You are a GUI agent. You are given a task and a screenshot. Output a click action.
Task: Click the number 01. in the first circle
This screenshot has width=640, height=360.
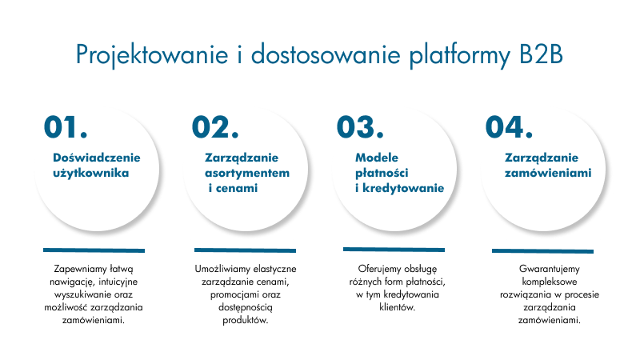[66, 127]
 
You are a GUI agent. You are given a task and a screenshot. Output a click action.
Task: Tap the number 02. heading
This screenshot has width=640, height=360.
[215, 127]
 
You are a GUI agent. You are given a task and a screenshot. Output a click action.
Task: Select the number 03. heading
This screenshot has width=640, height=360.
[361, 127]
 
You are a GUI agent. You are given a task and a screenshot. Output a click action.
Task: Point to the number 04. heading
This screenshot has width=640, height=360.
[509, 127]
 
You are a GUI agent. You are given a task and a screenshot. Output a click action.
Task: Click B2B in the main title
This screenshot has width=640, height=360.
[542, 54]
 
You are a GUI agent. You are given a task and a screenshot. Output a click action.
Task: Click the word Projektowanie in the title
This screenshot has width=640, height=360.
[152, 55]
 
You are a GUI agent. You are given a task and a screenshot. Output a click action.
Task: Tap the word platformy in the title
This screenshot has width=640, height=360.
[460, 55]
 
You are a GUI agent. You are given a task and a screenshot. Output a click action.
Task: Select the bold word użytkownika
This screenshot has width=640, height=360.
[91, 173]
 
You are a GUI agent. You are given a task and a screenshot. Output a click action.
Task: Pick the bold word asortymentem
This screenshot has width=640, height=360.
[247, 173]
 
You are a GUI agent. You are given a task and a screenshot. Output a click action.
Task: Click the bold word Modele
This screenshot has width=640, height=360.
[377, 158]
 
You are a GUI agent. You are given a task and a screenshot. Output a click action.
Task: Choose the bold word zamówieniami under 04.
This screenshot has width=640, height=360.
[548, 173]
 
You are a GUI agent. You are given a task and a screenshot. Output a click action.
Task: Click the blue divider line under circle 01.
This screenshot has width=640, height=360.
[94, 250]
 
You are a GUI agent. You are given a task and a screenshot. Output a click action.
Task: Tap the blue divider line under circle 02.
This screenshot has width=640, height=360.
[245, 250]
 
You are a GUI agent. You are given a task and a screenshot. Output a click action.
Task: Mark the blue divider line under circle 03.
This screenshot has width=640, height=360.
[394, 250]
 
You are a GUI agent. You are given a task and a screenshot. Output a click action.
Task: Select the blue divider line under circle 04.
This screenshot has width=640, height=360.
[542, 251]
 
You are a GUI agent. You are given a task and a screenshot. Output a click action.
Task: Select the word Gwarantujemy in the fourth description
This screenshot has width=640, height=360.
[550, 270]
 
